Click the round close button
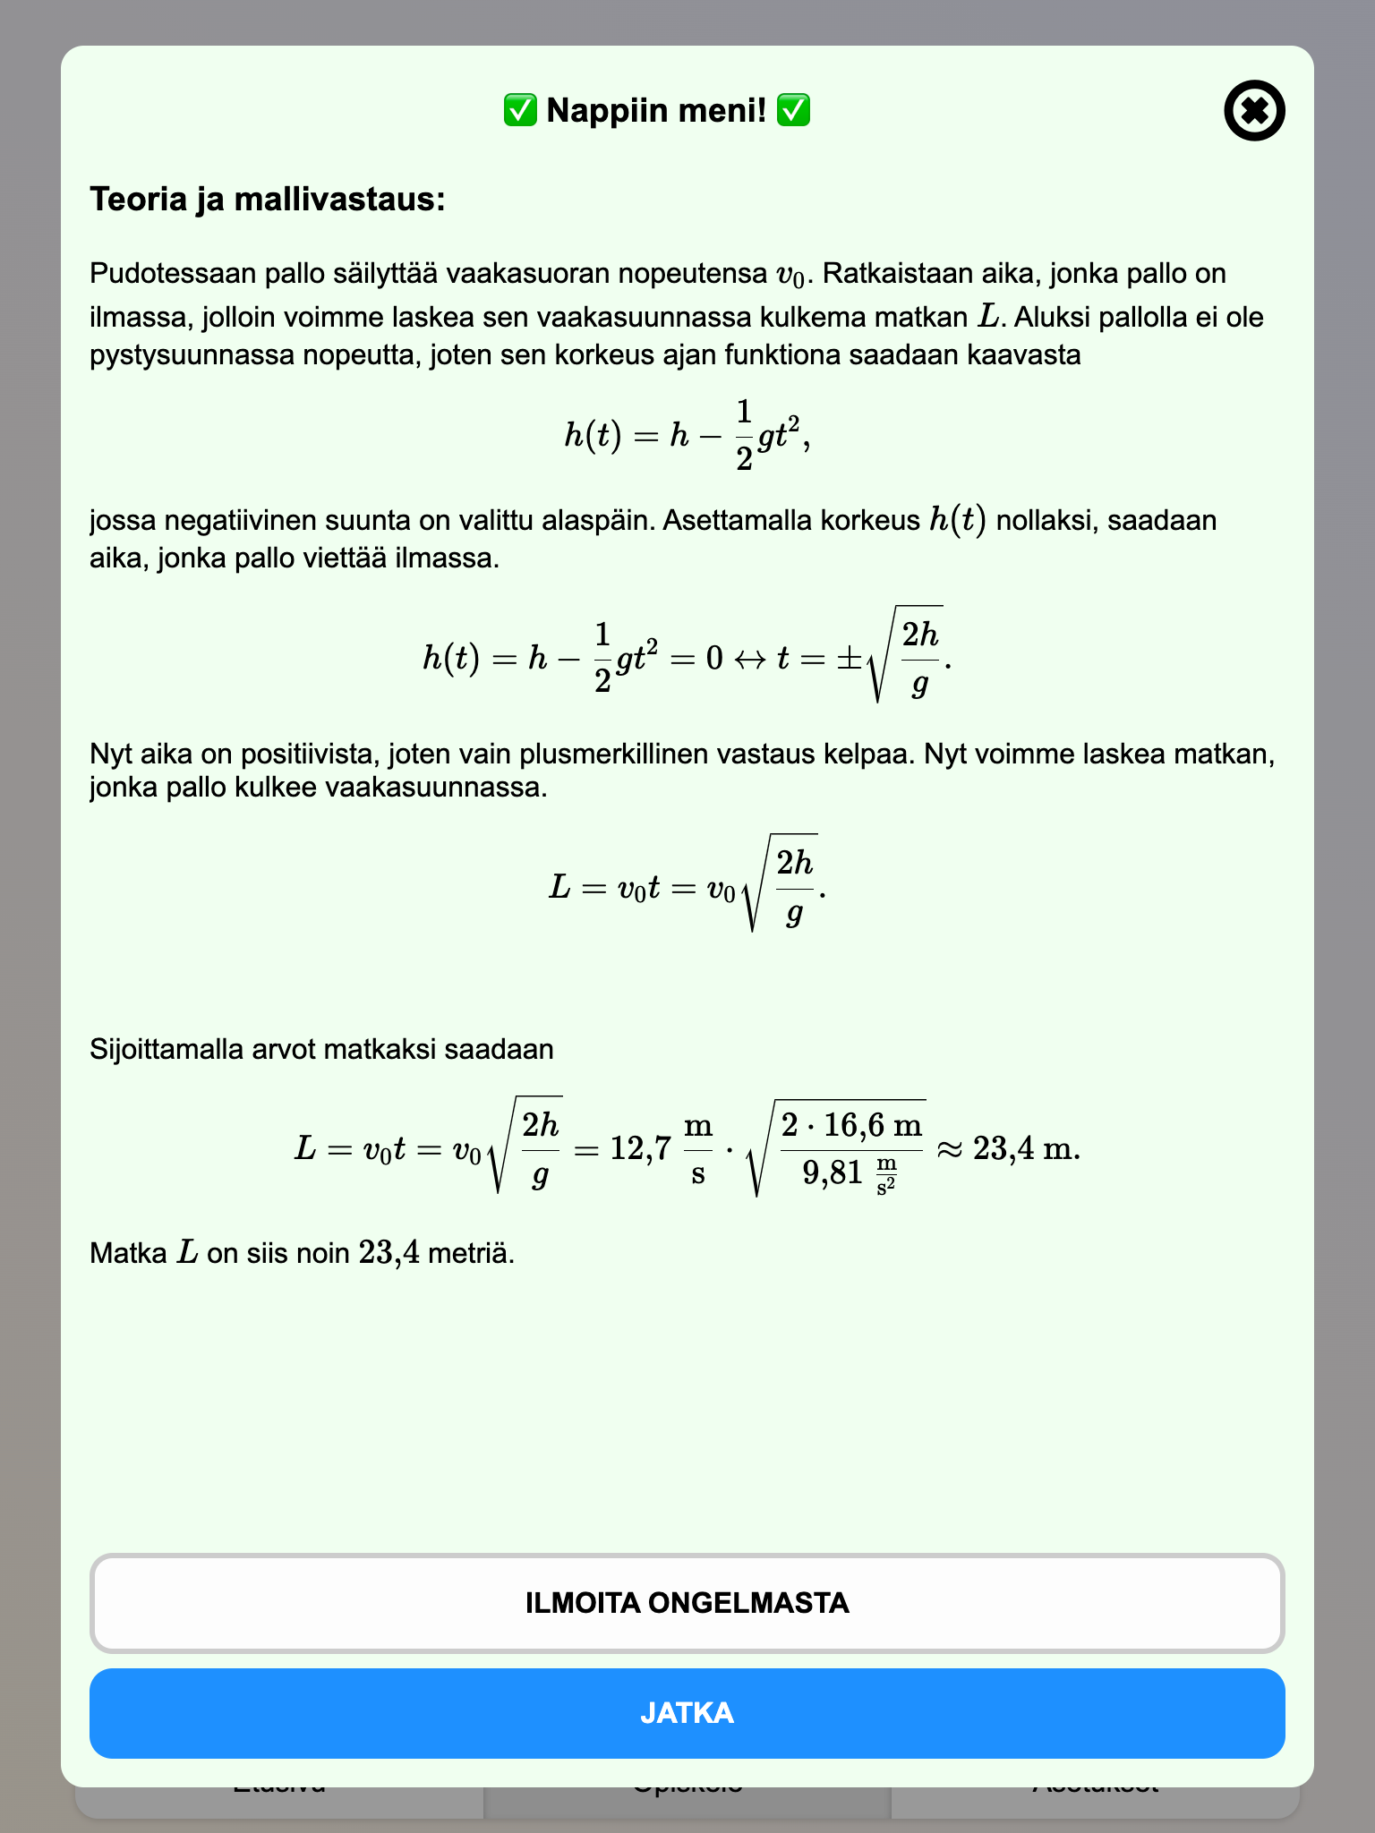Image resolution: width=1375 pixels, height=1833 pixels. click(x=1254, y=111)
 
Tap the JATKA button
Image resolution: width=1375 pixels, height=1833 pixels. click(x=687, y=1713)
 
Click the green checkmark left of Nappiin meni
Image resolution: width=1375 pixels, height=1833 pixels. click(x=519, y=111)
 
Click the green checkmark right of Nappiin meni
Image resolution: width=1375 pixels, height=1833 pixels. click(x=793, y=111)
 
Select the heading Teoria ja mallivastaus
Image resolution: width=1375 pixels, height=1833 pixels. click(x=267, y=199)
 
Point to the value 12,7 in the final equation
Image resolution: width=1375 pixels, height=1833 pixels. click(x=640, y=1147)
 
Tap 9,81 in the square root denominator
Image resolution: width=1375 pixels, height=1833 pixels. click(x=832, y=1172)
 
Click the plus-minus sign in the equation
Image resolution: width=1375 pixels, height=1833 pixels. click(x=848, y=660)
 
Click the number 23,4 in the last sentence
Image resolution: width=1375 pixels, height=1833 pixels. click(x=389, y=1252)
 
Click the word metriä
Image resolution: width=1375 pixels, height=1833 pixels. click(x=471, y=1253)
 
